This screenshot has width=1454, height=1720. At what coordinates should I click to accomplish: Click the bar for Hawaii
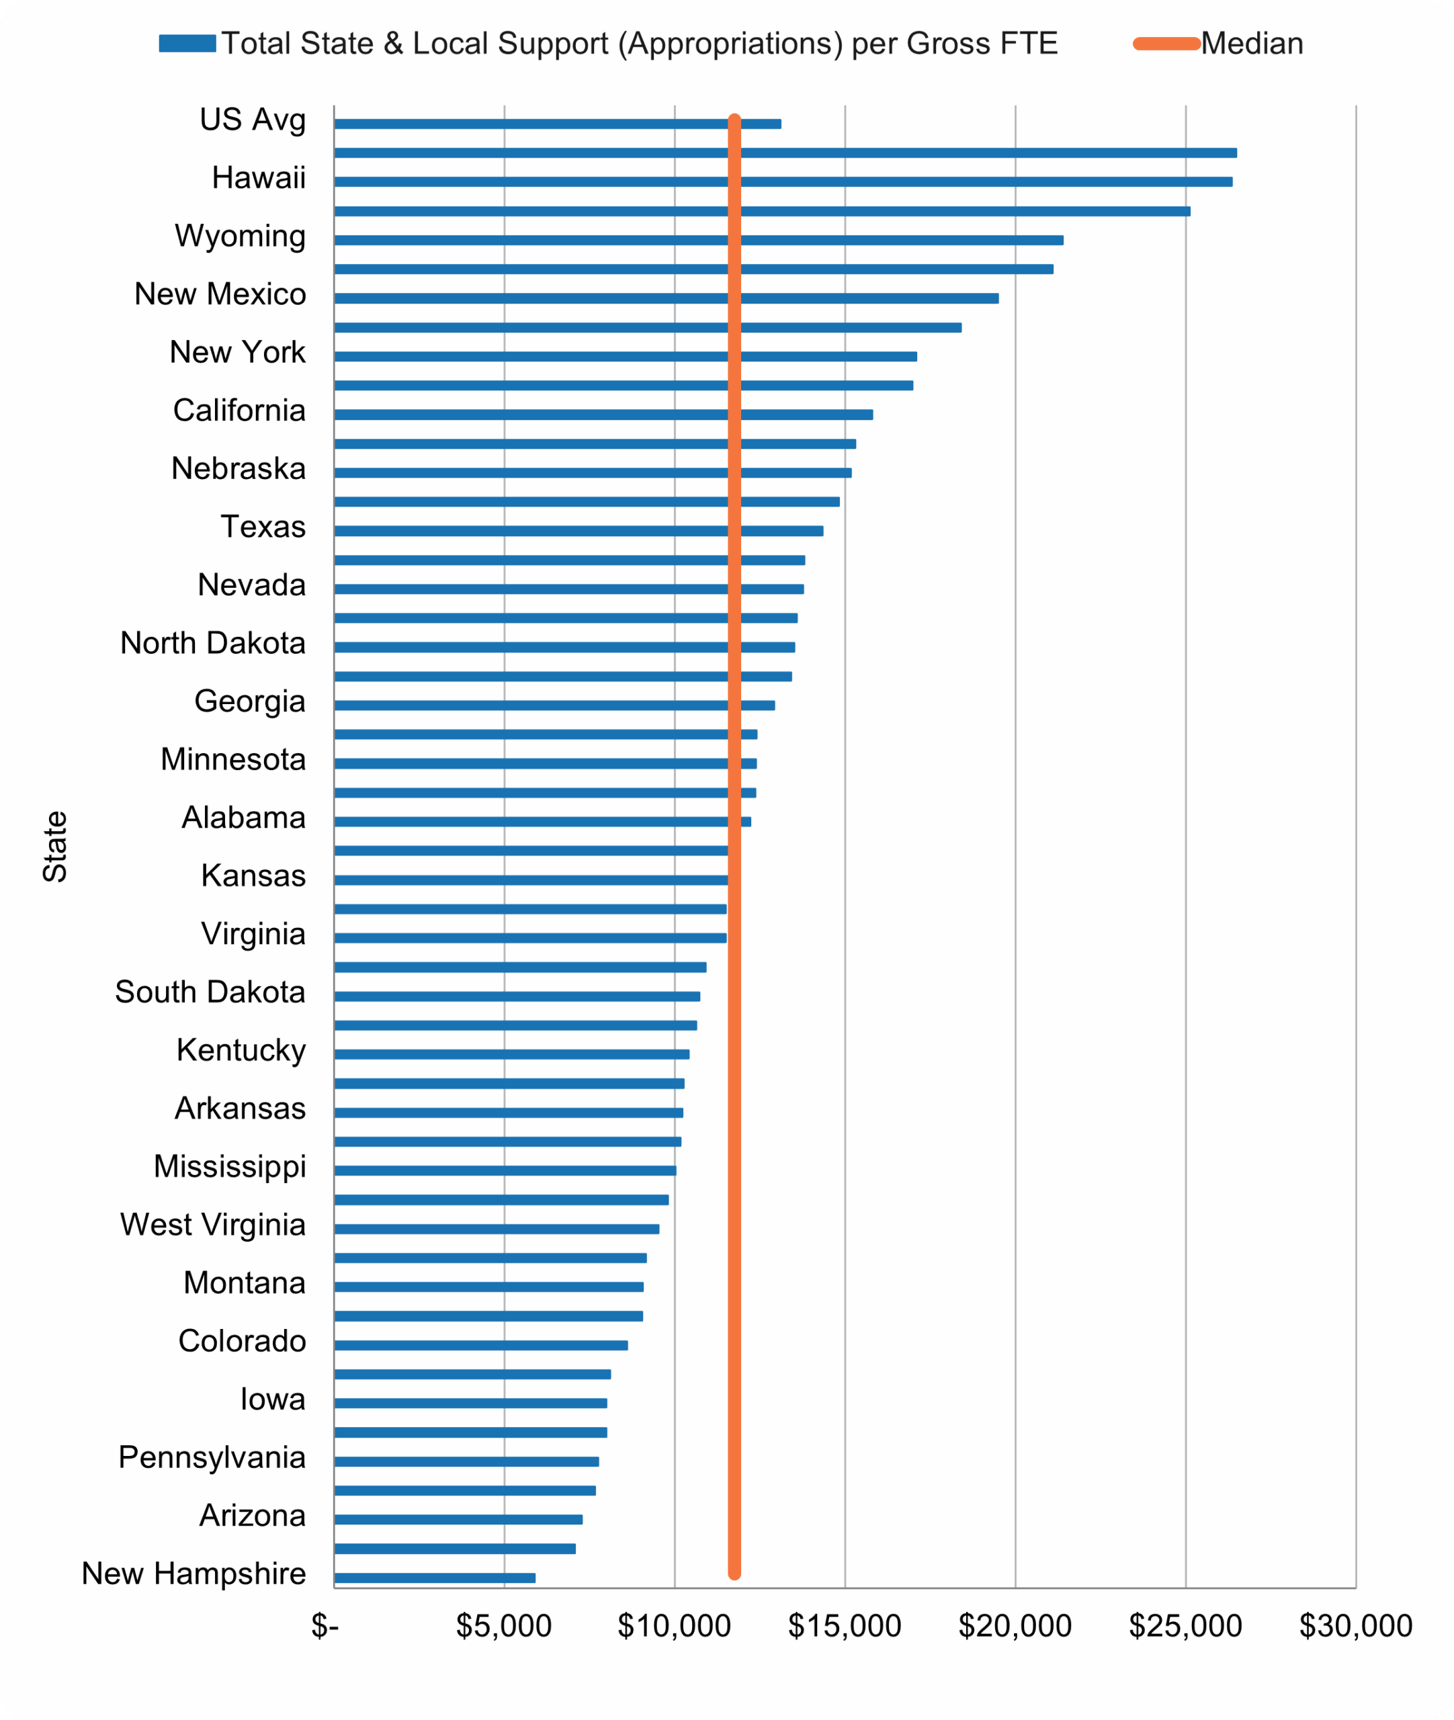coord(783,181)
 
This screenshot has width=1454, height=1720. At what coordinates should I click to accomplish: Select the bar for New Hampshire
coord(435,1578)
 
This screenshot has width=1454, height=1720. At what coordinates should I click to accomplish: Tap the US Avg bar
coord(557,124)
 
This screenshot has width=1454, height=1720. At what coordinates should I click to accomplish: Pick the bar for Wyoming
coord(698,240)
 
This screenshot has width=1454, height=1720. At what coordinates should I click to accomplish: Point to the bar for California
coord(603,415)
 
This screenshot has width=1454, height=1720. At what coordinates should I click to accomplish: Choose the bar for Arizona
coord(458,1519)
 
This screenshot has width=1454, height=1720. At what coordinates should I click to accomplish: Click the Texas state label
coord(263,527)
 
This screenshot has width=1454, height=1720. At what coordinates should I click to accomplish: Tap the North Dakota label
coord(213,643)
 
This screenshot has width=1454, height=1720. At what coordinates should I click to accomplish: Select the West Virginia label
coord(213,1225)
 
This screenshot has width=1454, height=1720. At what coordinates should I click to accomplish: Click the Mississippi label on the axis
coord(229,1166)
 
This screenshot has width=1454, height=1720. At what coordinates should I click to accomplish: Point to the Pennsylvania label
coord(212,1457)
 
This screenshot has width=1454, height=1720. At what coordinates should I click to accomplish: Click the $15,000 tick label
coord(844,1626)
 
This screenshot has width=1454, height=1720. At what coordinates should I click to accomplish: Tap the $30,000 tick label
coord(1355,1626)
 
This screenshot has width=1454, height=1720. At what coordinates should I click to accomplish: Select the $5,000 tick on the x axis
coord(504,1626)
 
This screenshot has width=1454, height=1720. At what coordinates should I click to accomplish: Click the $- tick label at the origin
coord(325,1626)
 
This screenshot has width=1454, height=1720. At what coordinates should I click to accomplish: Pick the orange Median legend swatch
coord(1166,44)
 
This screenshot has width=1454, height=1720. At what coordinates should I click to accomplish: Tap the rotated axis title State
coord(55,847)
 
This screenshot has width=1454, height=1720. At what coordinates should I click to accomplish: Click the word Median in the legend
coord(1251,44)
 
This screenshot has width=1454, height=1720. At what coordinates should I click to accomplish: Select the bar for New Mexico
coord(666,298)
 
